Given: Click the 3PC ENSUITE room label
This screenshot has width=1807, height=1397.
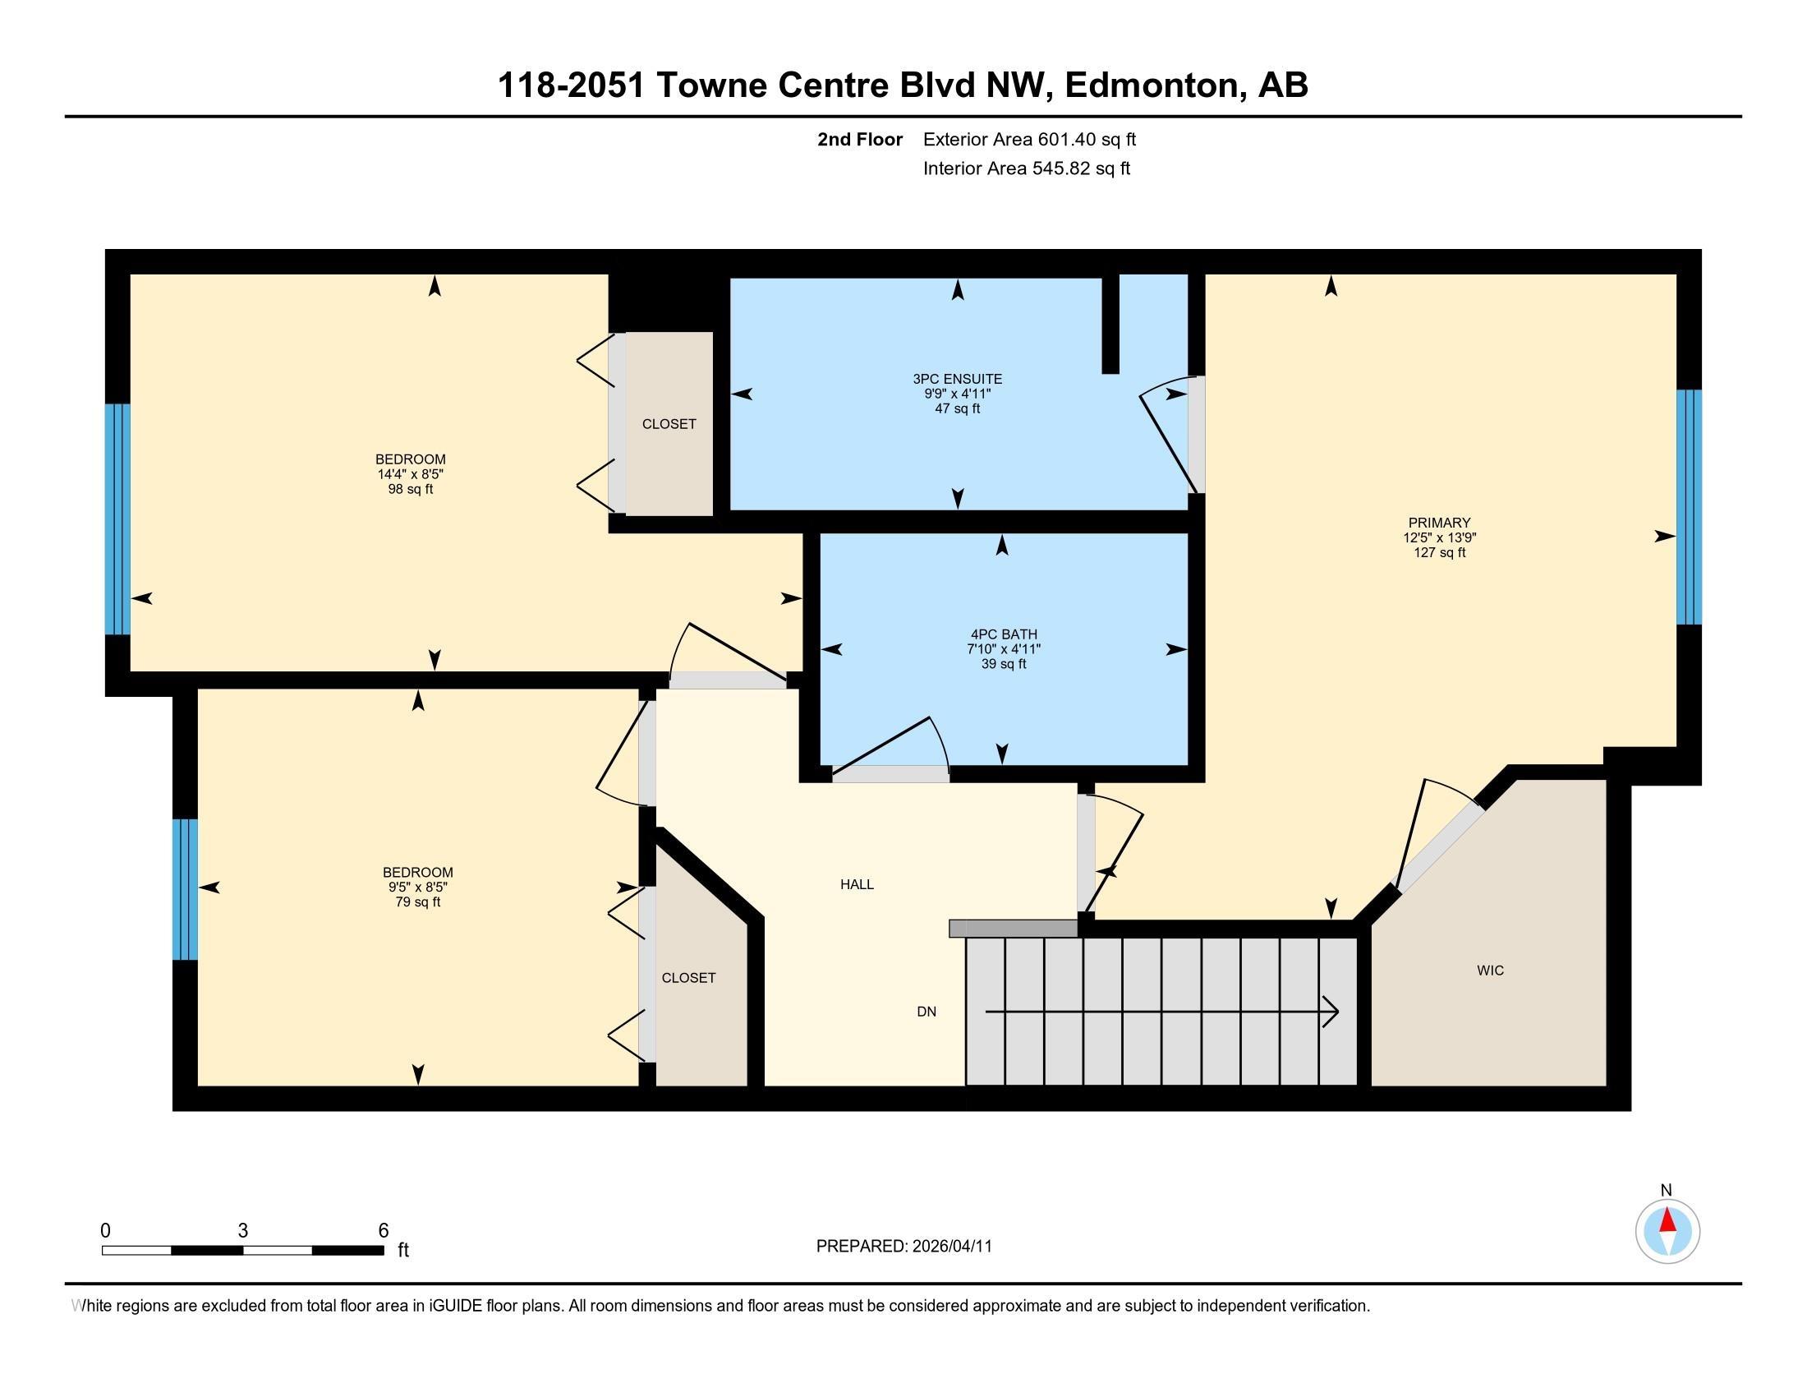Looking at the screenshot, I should pyautogui.click(x=957, y=379).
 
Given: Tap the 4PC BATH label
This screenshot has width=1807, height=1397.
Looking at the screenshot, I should pyautogui.click(x=1004, y=634).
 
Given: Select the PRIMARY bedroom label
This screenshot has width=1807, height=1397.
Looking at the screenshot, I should pyautogui.click(x=1439, y=522).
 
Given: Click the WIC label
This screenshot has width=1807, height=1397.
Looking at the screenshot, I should pyautogui.click(x=1490, y=970).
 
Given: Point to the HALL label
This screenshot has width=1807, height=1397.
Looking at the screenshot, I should pyautogui.click(x=858, y=884).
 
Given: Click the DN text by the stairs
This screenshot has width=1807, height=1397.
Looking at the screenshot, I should pyautogui.click(x=926, y=1012).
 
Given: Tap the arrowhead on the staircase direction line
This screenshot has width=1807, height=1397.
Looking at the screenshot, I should pyautogui.click(x=1331, y=1012).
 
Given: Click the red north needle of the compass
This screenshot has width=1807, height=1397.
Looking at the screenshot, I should pyautogui.click(x=1667, y=1221).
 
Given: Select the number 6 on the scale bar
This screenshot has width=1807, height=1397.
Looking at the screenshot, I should pyautogui.click(x=383, y=1231).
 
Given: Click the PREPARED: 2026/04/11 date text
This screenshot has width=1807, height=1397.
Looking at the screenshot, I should pyautogui.click(x=903, y=1247).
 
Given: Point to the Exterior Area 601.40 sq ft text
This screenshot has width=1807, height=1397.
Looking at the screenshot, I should pyautogui.click(x=1029, y=139).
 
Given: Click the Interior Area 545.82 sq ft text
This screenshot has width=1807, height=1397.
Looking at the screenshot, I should pyautogui.click(x=1026, y=168).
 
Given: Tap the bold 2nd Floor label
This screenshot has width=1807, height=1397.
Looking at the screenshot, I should pyautogui.click(x=860, y=139).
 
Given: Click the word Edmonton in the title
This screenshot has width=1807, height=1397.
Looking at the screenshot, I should pyautogui.click(x=1155, y=85).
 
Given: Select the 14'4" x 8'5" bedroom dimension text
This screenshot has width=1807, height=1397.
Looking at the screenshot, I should pyautogui.click(x=411, y=474).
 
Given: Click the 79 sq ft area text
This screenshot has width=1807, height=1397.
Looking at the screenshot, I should pyautogui.click(x=418, y=902).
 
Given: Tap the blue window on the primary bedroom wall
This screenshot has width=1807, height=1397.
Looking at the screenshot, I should pyautogui.click(x=1688, y=507).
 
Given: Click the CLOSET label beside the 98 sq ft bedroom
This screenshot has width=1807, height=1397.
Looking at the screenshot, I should pyautogui.click(x=669, y=424).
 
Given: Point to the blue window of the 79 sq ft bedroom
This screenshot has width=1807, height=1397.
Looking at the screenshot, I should pyautogui.click(x=186, y=890).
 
